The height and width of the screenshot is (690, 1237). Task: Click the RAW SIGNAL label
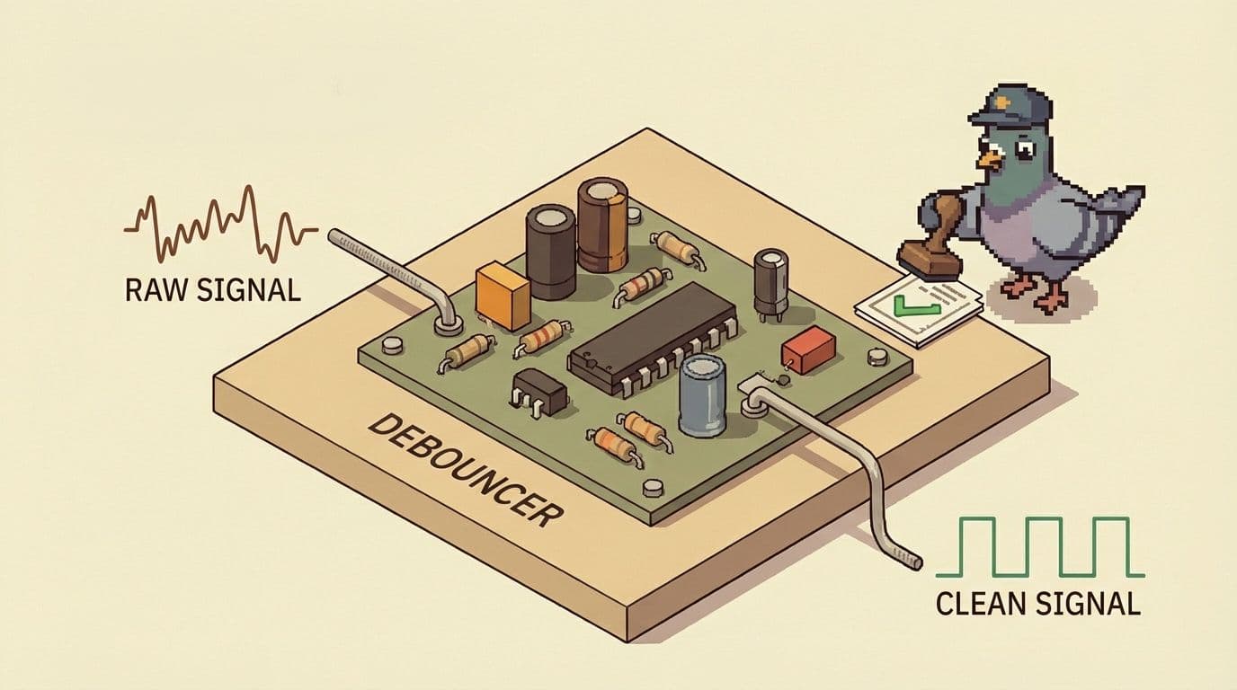point(212,290)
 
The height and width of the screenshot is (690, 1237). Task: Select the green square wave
point(1039,547)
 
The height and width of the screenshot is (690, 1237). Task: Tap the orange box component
point(505,294)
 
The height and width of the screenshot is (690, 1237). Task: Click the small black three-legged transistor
point(538,391)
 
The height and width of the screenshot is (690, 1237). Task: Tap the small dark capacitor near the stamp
point(770,281)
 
